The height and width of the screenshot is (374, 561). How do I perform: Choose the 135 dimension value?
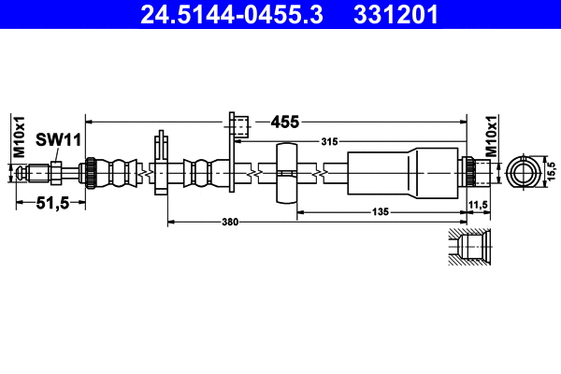coord(380,213)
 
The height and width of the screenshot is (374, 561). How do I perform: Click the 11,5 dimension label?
coord(478,205)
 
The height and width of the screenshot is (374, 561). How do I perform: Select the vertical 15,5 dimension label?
coord(552,171)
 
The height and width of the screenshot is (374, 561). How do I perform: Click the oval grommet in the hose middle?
coord(286,174)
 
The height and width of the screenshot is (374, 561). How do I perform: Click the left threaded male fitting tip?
coord(35,173)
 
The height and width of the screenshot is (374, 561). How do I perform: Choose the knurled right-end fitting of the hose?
coord(473,173)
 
